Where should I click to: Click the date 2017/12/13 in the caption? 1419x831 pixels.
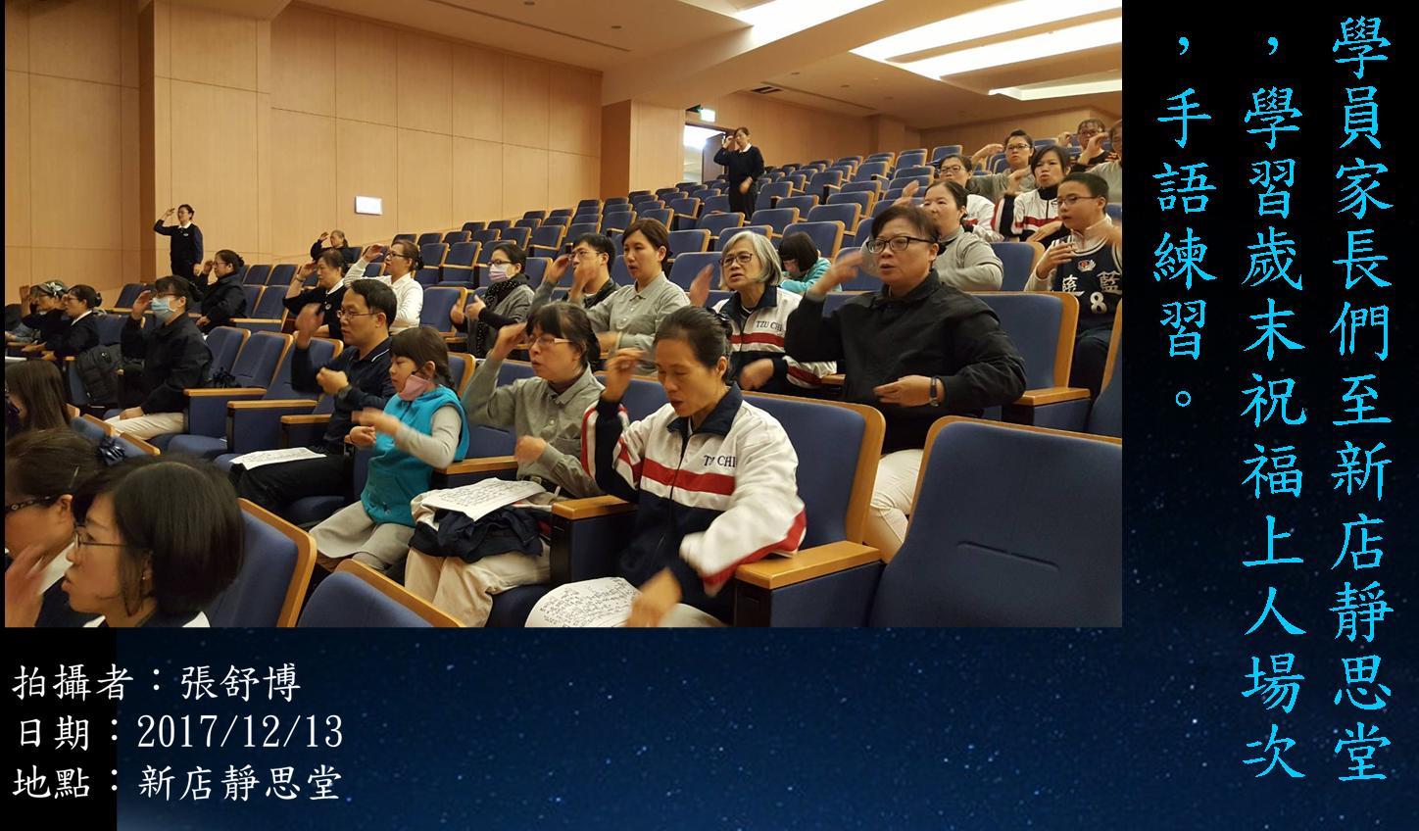(x=239, y=732)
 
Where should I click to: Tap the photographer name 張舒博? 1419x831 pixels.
(x=240, y=683)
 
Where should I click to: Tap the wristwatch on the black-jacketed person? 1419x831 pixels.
(x=934, y=391)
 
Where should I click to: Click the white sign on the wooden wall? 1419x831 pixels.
(x=368, y=205)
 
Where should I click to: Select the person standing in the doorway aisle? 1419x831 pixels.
(x=740, y=171)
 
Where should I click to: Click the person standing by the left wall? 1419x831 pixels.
(x=180, y=241)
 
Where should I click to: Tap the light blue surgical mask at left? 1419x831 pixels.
(x=162, y=309)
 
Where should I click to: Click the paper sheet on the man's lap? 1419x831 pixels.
(x=277, y=458)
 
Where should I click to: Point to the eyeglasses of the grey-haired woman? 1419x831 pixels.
(x=737, y=259)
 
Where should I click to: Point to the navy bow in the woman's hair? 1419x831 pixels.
(x=112, y=451)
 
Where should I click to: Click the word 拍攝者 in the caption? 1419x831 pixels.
(x=73, y=683)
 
